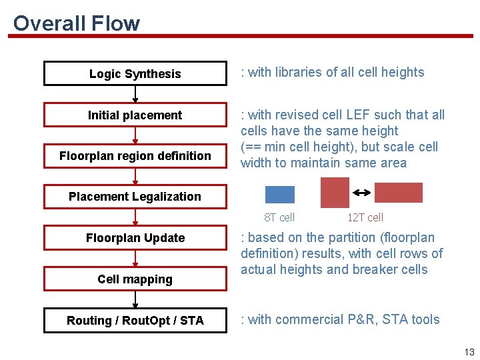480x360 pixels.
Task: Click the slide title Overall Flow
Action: pos(76,23)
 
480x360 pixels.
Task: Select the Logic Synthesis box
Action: pos(135,74)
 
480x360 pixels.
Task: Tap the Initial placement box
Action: pos(135,115)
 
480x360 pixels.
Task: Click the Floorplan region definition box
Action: pos(135,156)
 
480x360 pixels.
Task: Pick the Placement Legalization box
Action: pos(135,197)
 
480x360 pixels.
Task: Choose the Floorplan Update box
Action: pos(135,238)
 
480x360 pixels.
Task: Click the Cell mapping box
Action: pos(135,279)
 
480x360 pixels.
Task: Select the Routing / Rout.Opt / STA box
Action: pos(135,321)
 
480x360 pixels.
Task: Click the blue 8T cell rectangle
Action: pos(279,194)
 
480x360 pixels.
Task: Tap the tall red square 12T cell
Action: pos(335,192)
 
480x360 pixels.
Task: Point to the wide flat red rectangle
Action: pos(398,192)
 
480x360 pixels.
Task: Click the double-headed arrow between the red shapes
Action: pos(361,193)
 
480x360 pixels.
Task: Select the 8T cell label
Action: pos(279,217)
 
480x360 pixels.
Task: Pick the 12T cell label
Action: pos(365,217)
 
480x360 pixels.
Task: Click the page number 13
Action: pos(469,352)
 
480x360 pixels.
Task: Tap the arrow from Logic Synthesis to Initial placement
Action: pos(135,94)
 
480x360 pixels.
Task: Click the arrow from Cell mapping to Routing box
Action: pos(135,299)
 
